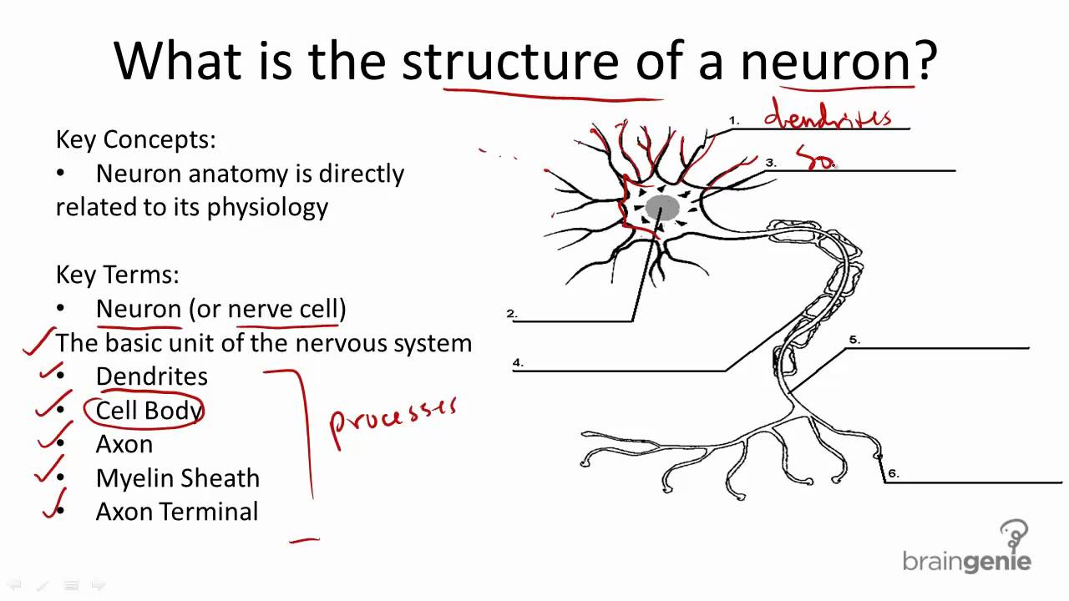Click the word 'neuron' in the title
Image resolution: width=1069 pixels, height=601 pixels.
(827, 61)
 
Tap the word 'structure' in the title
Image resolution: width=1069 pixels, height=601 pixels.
(509, 61)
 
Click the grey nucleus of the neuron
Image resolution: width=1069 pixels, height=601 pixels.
(661, 208)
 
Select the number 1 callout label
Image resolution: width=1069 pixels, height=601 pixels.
(733, 121)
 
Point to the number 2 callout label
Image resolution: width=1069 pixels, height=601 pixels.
(511, 314)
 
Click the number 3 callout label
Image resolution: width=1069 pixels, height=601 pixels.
(770, 163)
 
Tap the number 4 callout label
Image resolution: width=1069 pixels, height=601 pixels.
(518, 362)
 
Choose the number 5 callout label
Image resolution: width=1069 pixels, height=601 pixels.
(854, 340)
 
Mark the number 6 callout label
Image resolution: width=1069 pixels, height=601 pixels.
(893, 473)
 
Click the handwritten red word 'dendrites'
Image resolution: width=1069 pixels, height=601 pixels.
(827, 116)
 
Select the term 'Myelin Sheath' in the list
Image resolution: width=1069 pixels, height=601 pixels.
(177, 478)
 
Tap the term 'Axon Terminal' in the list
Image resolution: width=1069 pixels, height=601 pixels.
(176, 512)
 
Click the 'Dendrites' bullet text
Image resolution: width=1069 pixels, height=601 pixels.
(151, 376)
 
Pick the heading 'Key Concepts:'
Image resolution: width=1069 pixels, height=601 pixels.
(135, 139)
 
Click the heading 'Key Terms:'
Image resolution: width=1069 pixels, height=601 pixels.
(117, 274)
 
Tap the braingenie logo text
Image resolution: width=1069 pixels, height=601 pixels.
(966, 561)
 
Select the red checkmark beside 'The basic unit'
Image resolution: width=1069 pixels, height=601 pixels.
(38, 342)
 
